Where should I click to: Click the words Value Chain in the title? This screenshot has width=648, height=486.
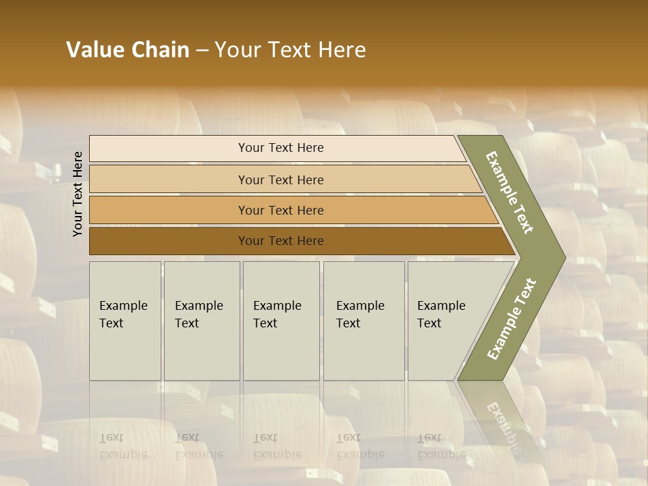click(x=128, y=50)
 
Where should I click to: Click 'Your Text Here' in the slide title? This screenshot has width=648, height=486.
click(x=290, y=50)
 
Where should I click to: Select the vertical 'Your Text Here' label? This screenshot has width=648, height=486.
click(x=78, y=194)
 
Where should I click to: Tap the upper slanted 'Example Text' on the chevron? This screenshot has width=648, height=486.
click(x=510, y=192)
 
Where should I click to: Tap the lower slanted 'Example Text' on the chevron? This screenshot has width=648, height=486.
click(x=511, y=319)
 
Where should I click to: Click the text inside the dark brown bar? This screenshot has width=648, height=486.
click(x=281, y=241)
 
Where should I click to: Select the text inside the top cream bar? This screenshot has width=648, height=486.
click(x=281, y=148)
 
